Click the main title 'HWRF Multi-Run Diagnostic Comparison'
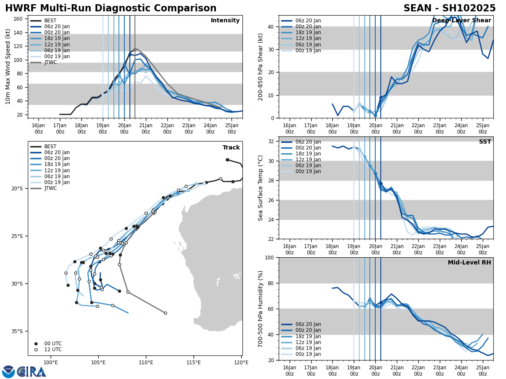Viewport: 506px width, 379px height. coord(110,8)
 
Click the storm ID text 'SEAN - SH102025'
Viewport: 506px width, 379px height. coord(449,8)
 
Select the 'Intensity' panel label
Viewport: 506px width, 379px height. coord(225,21)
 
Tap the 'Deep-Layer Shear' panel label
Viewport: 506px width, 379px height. coord(461,21)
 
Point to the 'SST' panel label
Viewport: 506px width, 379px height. coord(485,142)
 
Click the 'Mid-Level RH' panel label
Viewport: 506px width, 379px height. coord(469,263)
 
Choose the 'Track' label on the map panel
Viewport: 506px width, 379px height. coord(231,148)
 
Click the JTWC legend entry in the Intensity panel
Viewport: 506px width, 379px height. coord(50,62)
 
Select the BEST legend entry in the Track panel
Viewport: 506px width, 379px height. coord(50,147)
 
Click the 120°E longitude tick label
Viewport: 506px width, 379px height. coord(241,363)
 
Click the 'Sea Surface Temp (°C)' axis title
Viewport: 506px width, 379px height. coord(261,188)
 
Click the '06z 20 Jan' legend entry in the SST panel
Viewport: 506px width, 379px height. coord(308,142)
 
